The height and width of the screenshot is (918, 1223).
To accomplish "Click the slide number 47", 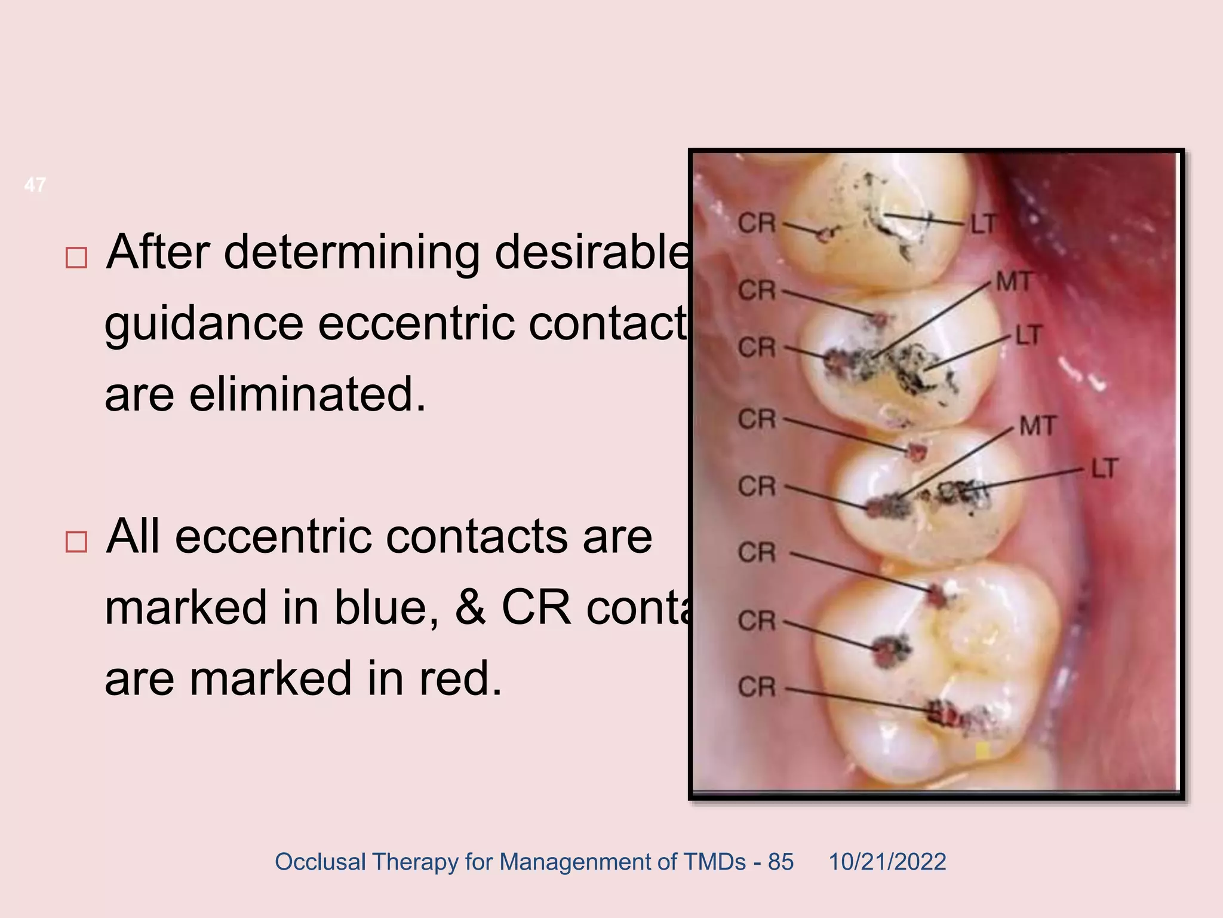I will pos(35,185).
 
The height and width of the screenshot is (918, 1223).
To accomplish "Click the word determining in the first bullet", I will pos(352,253).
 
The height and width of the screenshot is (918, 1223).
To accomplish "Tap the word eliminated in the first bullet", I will pos(308,394).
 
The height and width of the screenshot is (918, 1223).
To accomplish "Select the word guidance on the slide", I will pos(204,324).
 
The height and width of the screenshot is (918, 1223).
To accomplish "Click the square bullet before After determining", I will pos(76,258).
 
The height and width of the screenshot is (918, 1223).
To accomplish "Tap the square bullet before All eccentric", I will pos(76,541).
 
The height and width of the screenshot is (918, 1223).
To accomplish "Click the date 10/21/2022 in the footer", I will pos(887,862).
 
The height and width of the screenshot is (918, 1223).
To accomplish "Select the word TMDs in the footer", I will pos(715,862).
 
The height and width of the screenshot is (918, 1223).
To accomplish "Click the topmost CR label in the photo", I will pos(757,224).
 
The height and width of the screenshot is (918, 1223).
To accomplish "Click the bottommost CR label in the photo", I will pos(757,687).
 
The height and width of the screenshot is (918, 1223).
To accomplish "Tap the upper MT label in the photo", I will pos(1013,281).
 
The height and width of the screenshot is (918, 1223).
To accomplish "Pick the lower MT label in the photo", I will pos(1038,426).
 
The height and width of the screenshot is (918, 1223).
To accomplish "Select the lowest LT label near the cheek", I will pos(1104,469).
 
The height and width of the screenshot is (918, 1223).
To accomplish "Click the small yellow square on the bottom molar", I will pos(982,751).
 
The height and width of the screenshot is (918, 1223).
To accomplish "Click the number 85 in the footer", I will pos(780,862).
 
